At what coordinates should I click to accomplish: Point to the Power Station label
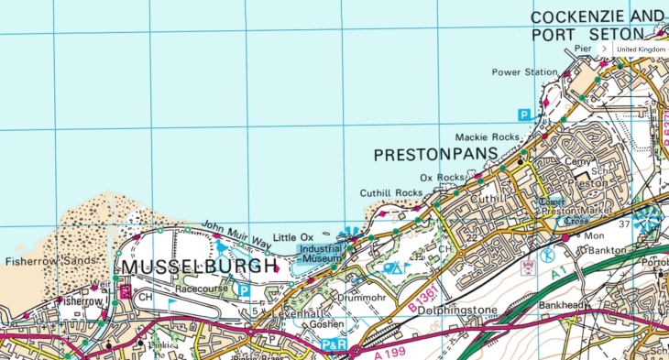point(524,72)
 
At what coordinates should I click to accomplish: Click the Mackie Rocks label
point(491,136)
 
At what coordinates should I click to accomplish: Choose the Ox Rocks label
point(442,177)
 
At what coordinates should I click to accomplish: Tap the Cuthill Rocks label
point(391,192)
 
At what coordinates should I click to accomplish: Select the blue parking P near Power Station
point(524,115)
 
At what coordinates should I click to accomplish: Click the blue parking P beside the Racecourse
point(244,289)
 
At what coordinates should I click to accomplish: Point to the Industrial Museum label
point(322,253)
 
